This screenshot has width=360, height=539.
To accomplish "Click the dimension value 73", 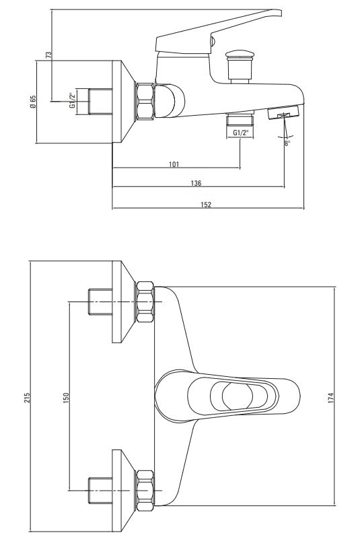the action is click(49, 55).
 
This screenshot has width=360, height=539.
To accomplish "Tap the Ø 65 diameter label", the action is click(34, 102).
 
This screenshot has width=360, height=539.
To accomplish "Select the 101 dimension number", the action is click(174, 164).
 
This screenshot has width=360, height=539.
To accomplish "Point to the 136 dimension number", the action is click(196, 183).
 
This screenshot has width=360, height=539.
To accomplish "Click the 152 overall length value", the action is click(206, 205).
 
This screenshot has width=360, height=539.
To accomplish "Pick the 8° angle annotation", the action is click(287, 143).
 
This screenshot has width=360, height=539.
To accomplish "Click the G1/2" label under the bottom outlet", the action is click(240, 133).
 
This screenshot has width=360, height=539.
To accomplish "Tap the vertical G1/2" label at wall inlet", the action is click(72, 101).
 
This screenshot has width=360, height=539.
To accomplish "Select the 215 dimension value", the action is click(28, 398).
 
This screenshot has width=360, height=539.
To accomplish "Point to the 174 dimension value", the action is click(331, 398).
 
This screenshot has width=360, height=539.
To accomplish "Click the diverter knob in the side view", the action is click(240, 67).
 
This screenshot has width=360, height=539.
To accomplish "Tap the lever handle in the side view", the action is click(219, 33).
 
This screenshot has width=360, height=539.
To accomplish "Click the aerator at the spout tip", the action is click(284, 113).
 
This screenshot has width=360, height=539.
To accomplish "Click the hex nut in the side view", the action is click(145, 101).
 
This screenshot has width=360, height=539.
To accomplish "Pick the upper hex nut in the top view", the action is click(145, 302).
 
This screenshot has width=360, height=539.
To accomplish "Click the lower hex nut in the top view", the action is click(145, 490).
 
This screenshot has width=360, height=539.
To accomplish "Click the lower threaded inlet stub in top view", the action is click(100, 491).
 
